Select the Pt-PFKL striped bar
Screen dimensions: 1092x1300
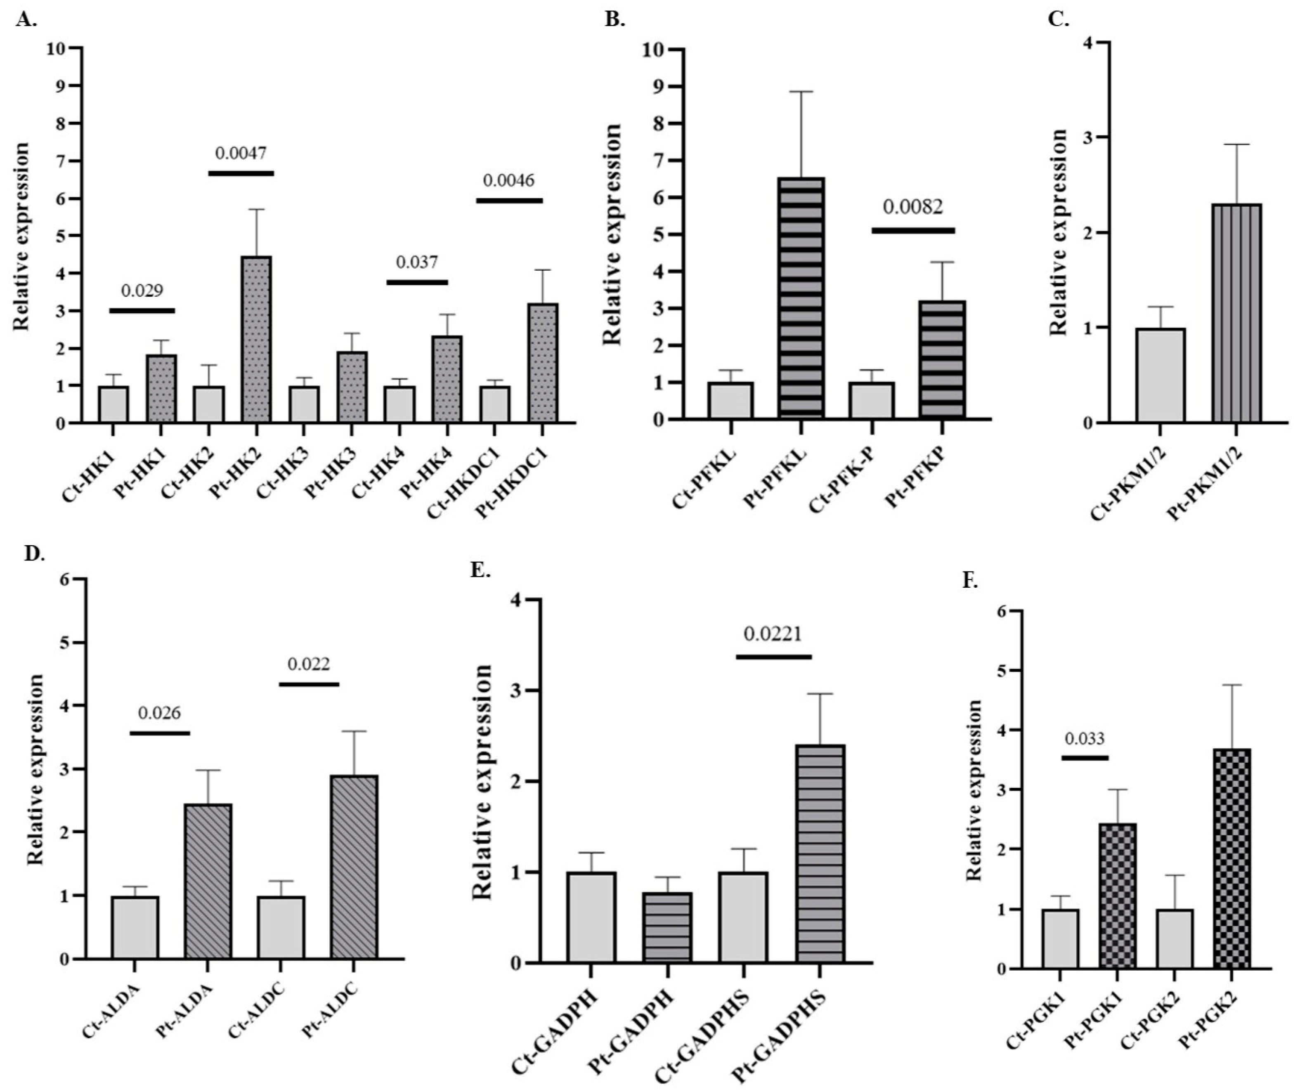(801, 297)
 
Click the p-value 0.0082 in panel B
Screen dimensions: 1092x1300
(912, 207)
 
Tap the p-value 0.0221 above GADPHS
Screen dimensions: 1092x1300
(773, 635)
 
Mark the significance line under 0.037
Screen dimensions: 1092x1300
(417, 282)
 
